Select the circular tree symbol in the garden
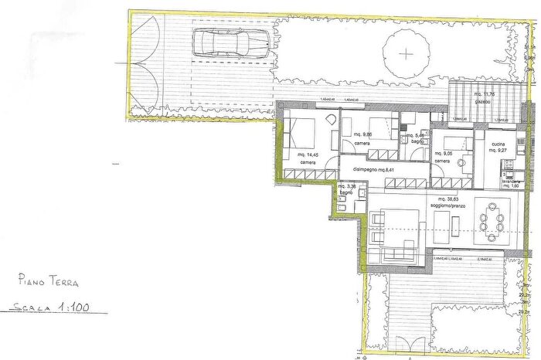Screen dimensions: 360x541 [x=407, y=53]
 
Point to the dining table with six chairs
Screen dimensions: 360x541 [x=491, y=219]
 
